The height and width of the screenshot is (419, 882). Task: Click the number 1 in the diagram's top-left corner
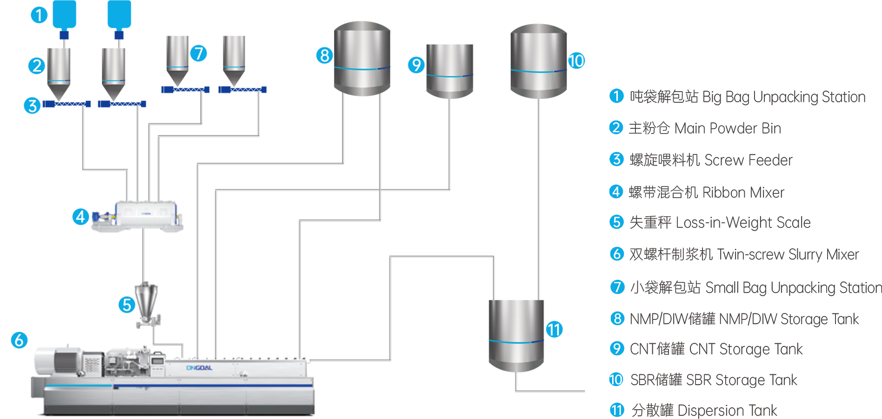pyautogui.click(x=39, y=16)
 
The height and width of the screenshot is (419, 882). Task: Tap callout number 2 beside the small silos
pyautogui.click(x=37, y=66)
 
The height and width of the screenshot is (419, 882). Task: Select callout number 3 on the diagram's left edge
pyautogui.click(x=33, y=106)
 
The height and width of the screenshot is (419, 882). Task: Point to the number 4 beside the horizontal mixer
pyautogui.click(x=80, y=217)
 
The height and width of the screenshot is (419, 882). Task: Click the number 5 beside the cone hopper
pyautogui.click(x=127, y=305)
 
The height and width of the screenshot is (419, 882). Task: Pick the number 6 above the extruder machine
pyautogui.click(x=19, y=340)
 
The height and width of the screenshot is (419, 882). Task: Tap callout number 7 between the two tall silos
pyautogui.click(x=199, y=54)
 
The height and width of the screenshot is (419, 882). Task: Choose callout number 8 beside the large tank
pyautogui.click(x=325, y=56)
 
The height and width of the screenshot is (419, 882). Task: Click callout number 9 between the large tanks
pyautogui.click(x=416, y=65)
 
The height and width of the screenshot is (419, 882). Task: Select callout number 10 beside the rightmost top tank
pyautogui.click(x=576, y=61)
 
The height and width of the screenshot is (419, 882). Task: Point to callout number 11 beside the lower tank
pyautogui.click(x=554, y=330)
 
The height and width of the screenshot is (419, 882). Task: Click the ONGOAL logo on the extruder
pyautogui.click(x=199, y=368)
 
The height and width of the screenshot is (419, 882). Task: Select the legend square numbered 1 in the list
pyautogui.click(x=617, y=97)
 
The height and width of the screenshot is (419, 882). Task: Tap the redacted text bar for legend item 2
pyautogui.click(x=703, y=127)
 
